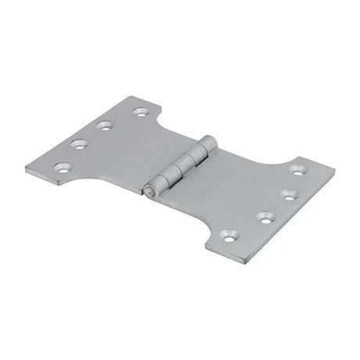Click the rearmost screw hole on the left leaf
(x=141, y=112)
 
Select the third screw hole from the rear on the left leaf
(x=77, y=143)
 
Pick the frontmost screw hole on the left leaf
(x=60, y=166)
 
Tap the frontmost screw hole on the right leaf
(x=228, y=233)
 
